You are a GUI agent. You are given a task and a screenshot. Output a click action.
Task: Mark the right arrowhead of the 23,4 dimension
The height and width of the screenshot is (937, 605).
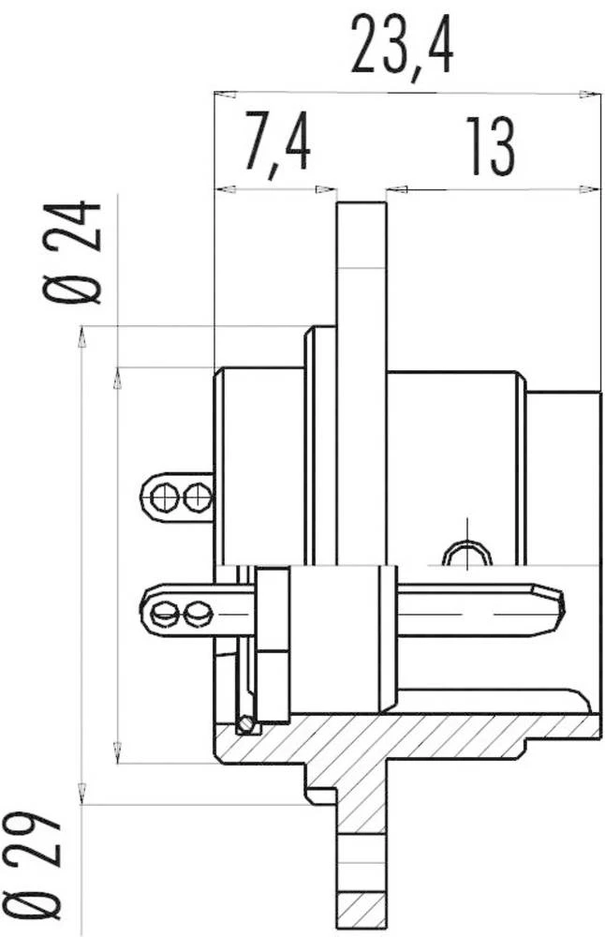[x=589, y=93]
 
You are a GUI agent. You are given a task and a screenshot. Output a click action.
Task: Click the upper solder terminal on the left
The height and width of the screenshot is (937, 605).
[x=178, y=496]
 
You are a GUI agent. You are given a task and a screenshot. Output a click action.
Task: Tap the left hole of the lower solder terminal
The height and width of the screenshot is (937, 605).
[x=166, y=615]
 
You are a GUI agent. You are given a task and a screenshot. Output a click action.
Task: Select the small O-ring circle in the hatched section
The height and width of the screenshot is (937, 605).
[x=246, y=724]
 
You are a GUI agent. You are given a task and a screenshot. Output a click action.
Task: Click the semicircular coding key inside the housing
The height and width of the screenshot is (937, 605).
[x=465, y=556]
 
